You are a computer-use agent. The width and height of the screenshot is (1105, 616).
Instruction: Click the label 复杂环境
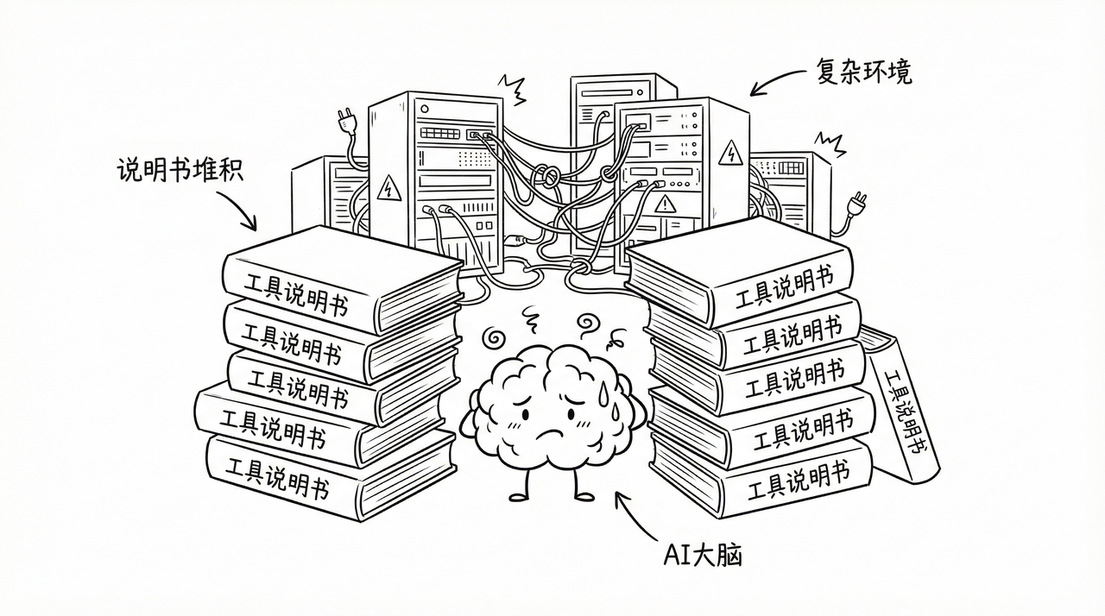tap(862, 72)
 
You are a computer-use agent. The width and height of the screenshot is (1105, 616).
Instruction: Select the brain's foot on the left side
tap(519, 494)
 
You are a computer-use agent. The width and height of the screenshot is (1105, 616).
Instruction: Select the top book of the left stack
tap(341, 278)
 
